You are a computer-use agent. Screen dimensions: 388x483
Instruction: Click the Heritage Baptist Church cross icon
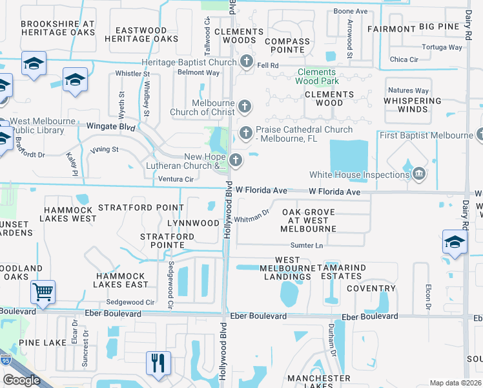tap(246, 62)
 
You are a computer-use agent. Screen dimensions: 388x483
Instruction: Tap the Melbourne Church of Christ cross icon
tap(244, 107)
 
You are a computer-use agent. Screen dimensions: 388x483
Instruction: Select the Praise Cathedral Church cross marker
tap(245, 134)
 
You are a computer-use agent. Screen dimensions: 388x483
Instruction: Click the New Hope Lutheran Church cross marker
tap(236, 160)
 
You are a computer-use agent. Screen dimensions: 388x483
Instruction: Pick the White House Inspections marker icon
tap(419, 174)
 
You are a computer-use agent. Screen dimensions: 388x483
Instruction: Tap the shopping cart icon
tap(43, 292)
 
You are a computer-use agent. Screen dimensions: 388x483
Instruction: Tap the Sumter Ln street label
tap(306, 246)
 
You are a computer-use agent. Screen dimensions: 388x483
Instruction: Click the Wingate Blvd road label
tap(111, 128)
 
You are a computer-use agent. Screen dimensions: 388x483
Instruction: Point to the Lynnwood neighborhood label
tap(193, 223)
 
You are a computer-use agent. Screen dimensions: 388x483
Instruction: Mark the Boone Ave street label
tap(350, 12)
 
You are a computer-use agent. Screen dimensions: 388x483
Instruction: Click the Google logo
tap(21, 380)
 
